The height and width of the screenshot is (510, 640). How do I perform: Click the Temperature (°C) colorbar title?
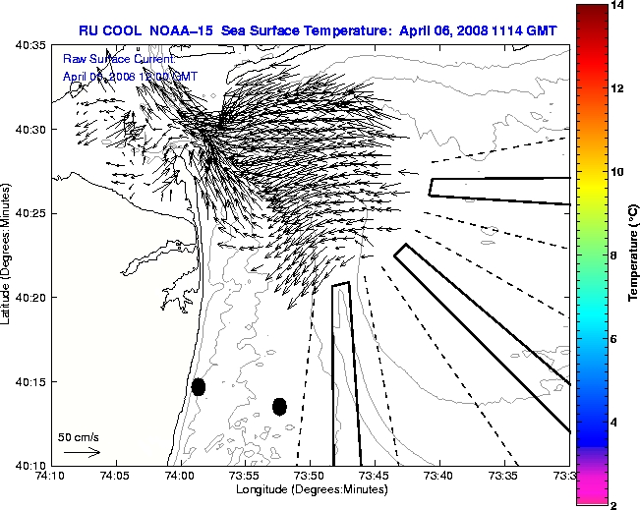click(x=635, y=255)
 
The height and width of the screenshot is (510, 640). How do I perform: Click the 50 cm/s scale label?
click(x=78, y=436)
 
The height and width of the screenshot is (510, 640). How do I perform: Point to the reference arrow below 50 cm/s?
click(x=82, y=452)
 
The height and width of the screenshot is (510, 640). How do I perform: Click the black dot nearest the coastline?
click(x=198, y=387)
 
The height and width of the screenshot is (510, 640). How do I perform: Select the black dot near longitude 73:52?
click(x=279, y=406)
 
